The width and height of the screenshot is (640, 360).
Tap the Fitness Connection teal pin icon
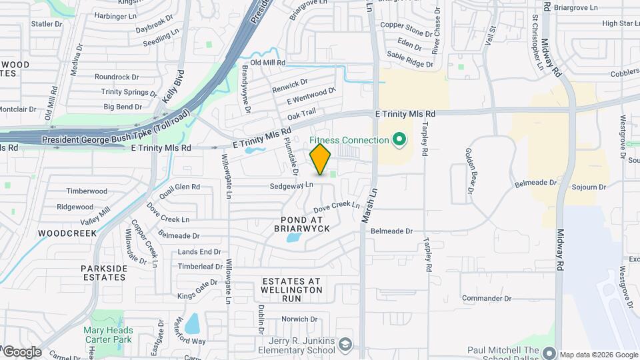click(399, 140)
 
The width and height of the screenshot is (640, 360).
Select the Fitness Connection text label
click(349, 140)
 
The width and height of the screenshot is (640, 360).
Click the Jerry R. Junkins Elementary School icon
click(345, 345)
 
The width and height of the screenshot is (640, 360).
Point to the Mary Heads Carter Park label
click(108, 335)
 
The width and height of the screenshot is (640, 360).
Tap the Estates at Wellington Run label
click(292, 290)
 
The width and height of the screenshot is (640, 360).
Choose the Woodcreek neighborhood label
click(67, 233)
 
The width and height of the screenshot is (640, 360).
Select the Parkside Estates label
click(104, 273)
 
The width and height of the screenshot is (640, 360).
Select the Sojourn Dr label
click(589, 188)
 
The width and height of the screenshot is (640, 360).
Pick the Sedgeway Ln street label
click(291, 185)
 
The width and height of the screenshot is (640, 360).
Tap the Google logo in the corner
click(21, 352)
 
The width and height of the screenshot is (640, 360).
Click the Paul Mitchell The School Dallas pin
click(549, 352)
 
